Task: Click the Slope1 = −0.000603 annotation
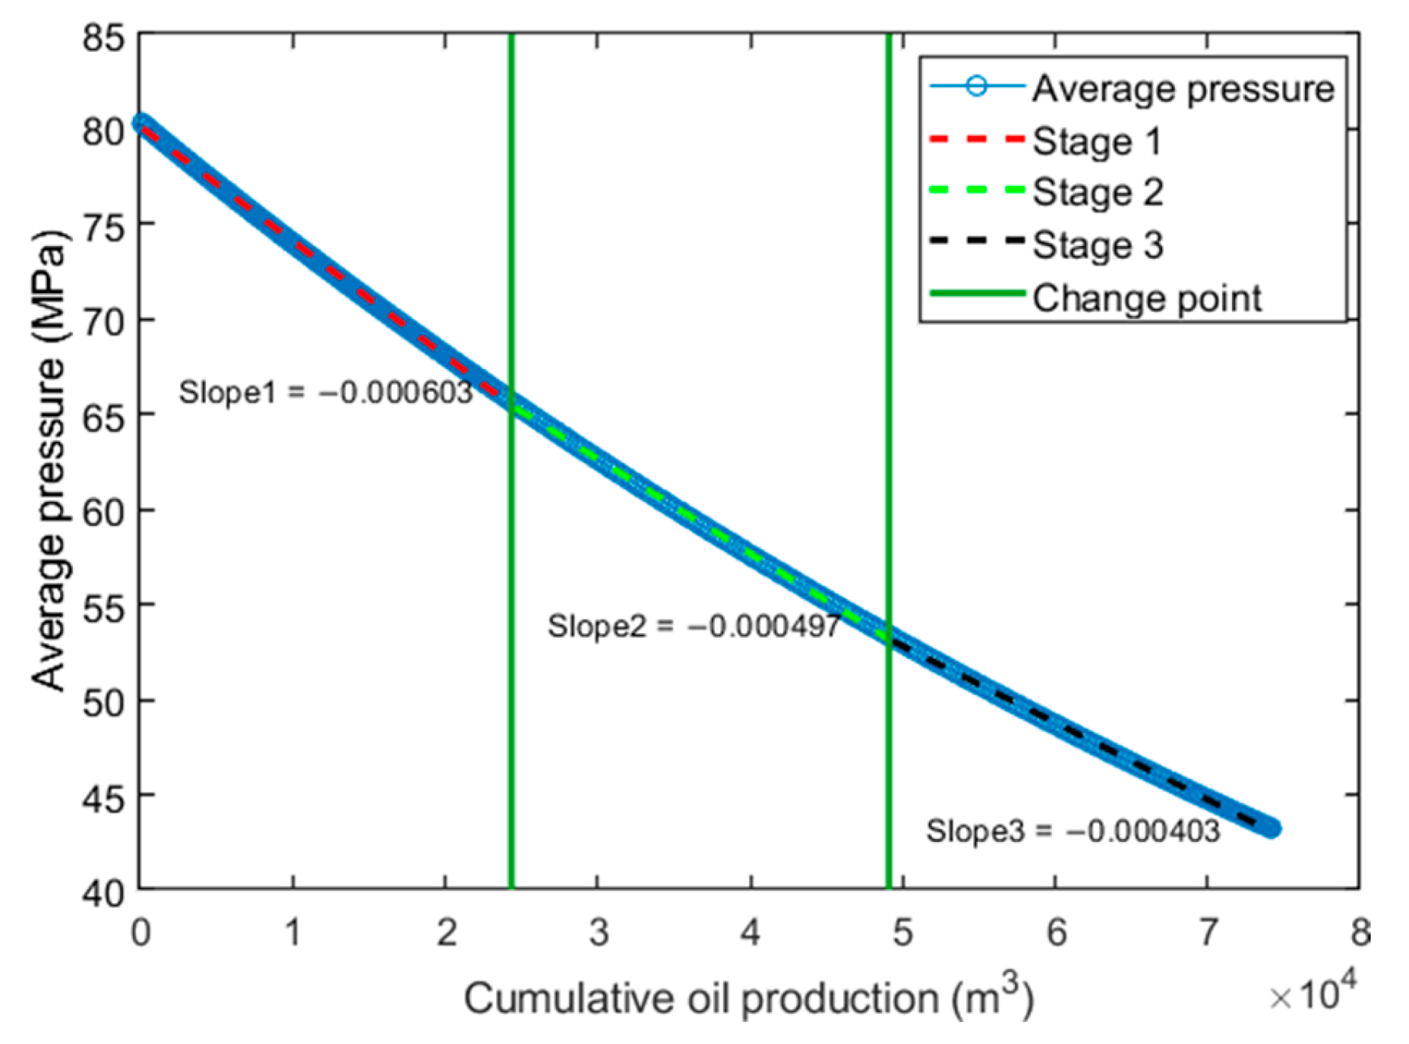pos(325,393)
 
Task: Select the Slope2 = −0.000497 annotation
pos(693,626)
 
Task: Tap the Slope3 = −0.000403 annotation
pos(1073,831)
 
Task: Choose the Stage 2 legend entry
pos(1097,192)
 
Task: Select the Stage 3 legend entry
pos(1097,245)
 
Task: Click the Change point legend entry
pos(1146,298)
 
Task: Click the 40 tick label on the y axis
pos(103,893)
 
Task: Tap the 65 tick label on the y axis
pos(103,417)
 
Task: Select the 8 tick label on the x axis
pos(1360,932)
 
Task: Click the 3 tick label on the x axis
pos(599,932)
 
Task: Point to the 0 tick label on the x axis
pos(141,932)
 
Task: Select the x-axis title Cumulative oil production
pos(748,998)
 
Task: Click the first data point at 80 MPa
pos(141,123)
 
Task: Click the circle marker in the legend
pos(977,87)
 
